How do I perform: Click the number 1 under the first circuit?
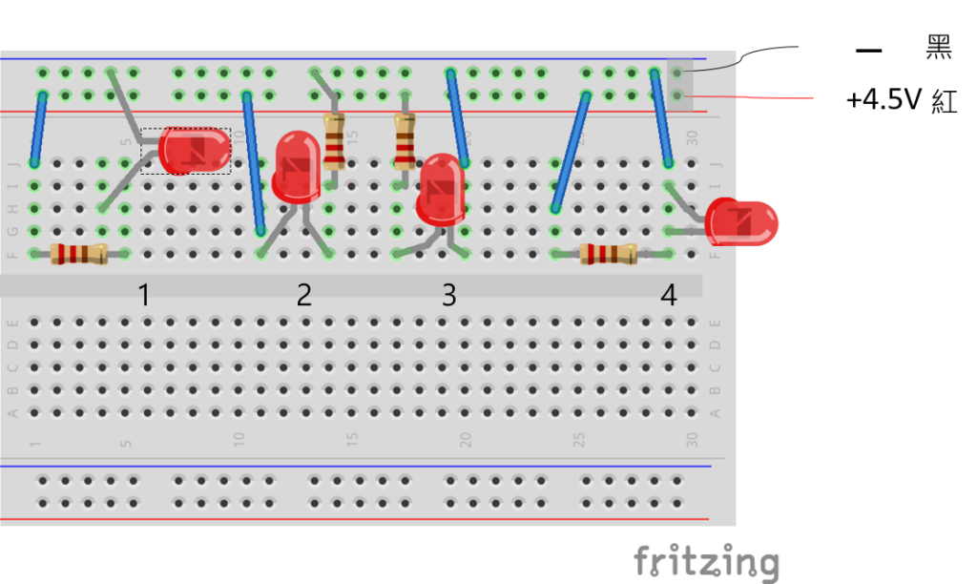pyautogui.click(x=144, y=296)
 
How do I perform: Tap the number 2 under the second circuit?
pyautogui.click(x=303, y=296)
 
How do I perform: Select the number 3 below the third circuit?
pyautogui.click(x=448, y=296)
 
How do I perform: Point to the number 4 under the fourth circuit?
pyautogui.click(x=669, y=296)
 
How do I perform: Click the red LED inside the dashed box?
pyautogui.click(x=195, y=150)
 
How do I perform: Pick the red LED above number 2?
pyautogui.click(x=297, y=167)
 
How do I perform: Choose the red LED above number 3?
pyautogui.click(x=442, y=189)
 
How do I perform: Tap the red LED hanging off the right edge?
pyautogui.click(x=743, y=222)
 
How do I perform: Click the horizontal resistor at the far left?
pyautogui.click(x=78, y=254)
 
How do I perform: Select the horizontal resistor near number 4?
pyautogui.click(x=608, y=254)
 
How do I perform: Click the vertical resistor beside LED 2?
pyautogui.click(x=334, y=141)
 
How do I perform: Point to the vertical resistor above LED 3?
pyautogui.click(x=405, y=141)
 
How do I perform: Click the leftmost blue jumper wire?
pyautogui.click(x=38, y=130)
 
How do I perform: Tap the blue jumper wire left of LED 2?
pyautogui.click(x=254, y=162)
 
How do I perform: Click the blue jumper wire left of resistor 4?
pyautogui.click(x=571, y=151)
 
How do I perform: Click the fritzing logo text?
pyautogui.click(x=705, y=561)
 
